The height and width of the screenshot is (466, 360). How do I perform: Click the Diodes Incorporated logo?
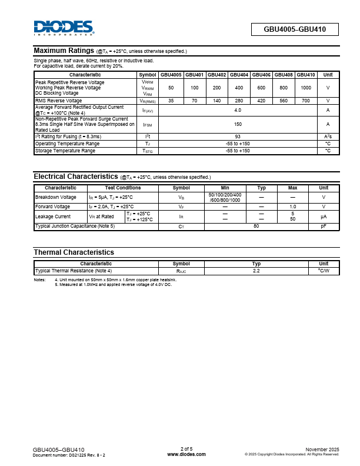point(64,28)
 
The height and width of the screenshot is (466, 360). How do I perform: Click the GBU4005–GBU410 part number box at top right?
point(295,29)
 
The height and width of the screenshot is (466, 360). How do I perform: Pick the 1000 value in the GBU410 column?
point(306,88)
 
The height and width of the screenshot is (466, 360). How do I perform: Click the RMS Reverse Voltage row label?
point(59,101)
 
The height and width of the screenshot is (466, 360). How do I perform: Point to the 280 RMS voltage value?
point(239,101)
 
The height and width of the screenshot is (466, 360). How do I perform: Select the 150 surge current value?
point(238,124)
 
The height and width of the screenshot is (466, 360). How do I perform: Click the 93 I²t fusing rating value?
point(238,137)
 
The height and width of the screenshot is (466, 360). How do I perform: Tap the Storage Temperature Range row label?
point(65,151)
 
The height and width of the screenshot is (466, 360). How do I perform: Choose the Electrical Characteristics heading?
point(76,177)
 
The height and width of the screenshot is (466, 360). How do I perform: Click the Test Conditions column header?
point(123,188)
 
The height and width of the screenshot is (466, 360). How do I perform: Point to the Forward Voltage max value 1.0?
point(293,207)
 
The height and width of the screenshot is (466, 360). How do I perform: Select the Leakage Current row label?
point(52,217)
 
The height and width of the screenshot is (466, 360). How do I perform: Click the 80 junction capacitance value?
point(256,226)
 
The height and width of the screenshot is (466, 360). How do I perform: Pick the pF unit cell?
point(324,226)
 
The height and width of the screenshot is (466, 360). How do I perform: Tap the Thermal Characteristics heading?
point(74,252)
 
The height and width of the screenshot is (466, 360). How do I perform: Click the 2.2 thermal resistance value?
point(256,271)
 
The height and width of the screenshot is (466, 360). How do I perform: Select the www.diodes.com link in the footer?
point(186,454)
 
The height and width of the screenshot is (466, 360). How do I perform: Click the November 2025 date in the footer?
point(322,450)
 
